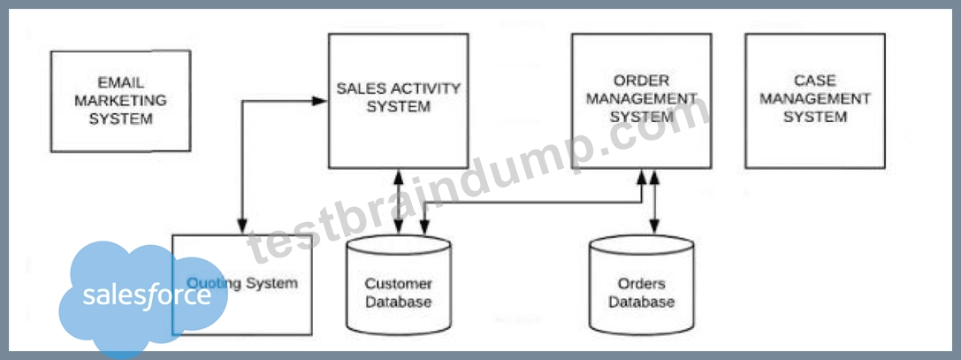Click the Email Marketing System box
pos(121,101)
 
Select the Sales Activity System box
pos(399,101)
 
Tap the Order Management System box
pos(642,101)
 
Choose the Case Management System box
pos(815,101)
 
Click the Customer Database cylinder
pos(399,284)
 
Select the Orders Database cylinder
pos(642,284)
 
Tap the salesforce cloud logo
pos(143,297)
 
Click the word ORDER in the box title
pos(642,81)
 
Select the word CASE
pos(815,81)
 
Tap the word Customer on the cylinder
pos(399,284)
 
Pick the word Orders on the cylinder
pos(642,284)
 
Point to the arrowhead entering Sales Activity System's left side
pos(321,101)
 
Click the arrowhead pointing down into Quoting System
pos(242,226)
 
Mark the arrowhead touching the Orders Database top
pos(654,228)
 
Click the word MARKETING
pos(121,101)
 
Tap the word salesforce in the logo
pos(147,296)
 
